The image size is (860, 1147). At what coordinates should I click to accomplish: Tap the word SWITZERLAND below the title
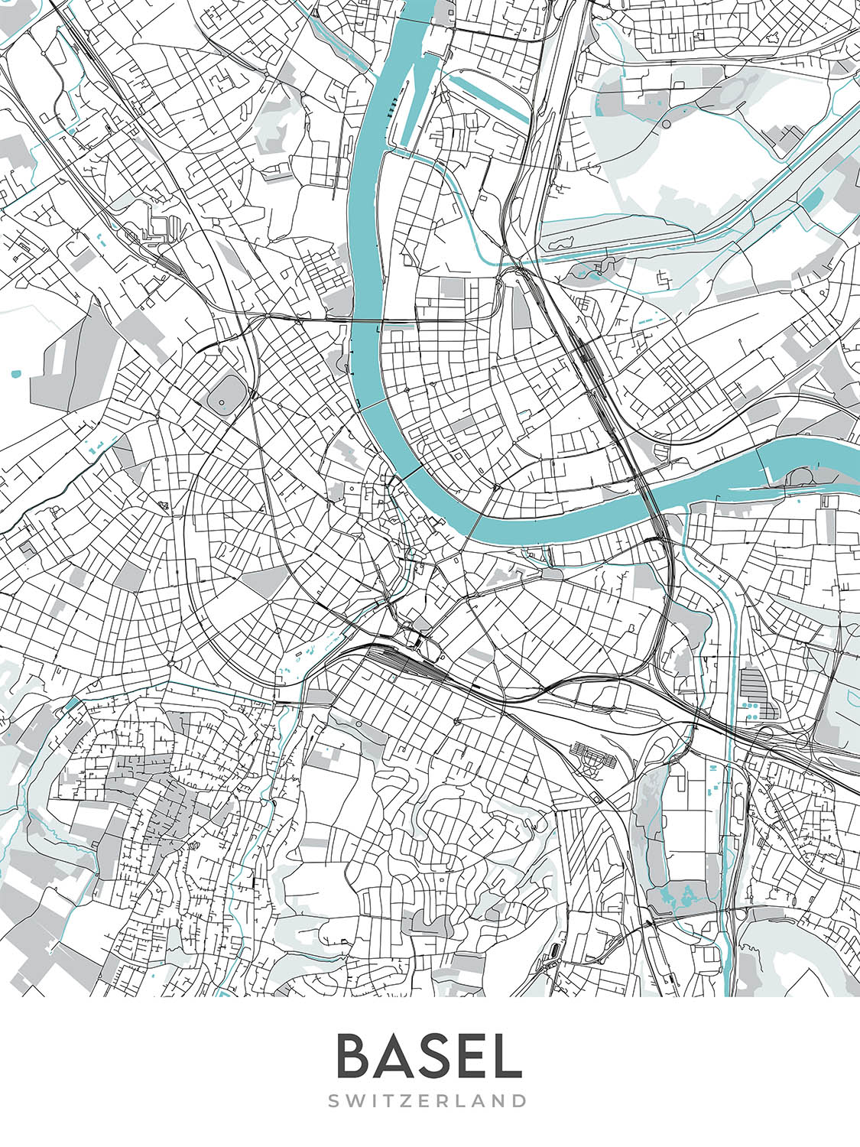(x=428, y=1101)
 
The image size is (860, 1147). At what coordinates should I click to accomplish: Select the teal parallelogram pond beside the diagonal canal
(x=810, y=200)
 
